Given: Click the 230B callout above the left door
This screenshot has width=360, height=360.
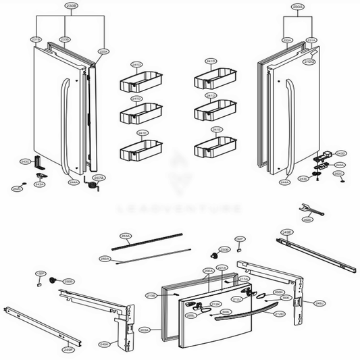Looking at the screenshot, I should coord(71,5).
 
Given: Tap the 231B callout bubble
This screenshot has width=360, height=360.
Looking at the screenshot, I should coord(36,40).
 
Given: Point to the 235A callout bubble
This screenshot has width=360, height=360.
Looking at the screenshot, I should coord(103,51).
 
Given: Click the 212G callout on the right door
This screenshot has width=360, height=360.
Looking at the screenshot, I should coord(309,61).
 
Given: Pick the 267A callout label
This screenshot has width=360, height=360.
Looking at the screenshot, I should coord(98,178).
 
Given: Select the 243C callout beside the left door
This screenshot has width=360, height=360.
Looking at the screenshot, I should coord(25,161).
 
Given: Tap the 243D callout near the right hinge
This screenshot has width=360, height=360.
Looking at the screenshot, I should coord(340,153).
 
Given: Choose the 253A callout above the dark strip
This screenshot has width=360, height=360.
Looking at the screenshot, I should coord(125,236).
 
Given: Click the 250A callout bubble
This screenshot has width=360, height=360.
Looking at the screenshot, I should coord(105,259).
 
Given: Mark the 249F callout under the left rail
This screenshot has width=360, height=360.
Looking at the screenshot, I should coord(68,350).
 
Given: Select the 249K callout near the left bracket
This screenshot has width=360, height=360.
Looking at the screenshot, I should coord(103,344).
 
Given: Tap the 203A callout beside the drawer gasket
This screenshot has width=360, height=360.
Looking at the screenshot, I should coord(144,330).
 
